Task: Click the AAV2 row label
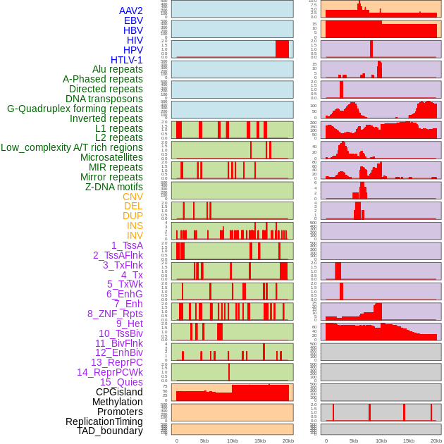click(x=130, y=11)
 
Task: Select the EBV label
click(x=133, y=20)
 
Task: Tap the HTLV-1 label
click(x=126, y=60)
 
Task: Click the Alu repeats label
click(x=117, y=69)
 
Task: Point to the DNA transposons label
click(x=104, y=99)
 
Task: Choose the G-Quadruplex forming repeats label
click(x=75, y=109)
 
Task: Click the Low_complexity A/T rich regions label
click(x=72, y=147)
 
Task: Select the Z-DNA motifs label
click(x=114, y=187)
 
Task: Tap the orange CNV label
click(x=132, y=197)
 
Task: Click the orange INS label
click(x=135, y=226)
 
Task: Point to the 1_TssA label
click(x=127, y=245)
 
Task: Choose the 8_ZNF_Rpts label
click(x=115, y=314)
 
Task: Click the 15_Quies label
click(x=121, y=382)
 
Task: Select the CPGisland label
click(x=119, y=392)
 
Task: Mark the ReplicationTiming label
click(x=104, y=421)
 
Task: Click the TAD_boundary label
click(x=110, y=431)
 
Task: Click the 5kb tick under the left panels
click(x=204, y=440)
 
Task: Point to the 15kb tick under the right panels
click(x=409, y=440)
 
